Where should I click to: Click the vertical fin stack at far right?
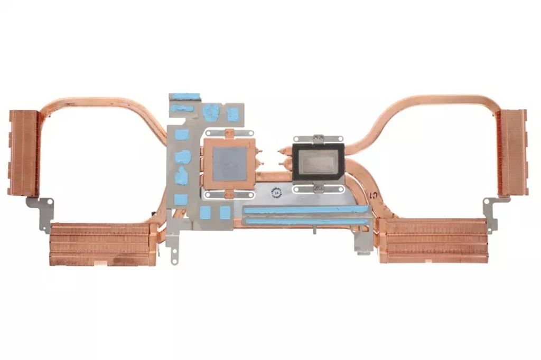pyautogui.click(x=512, y=153)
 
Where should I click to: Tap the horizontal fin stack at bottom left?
pyautogui.click(x=100, y=244)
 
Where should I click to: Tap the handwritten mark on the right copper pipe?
pyautogui.click(x=374, y=197)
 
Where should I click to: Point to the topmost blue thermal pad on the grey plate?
pyautogui.click(x=185, y=97)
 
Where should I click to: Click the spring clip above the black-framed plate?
pyautogui.click(x=317, y=139)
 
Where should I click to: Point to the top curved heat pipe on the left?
pyautogui.click(x=106, y=101)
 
